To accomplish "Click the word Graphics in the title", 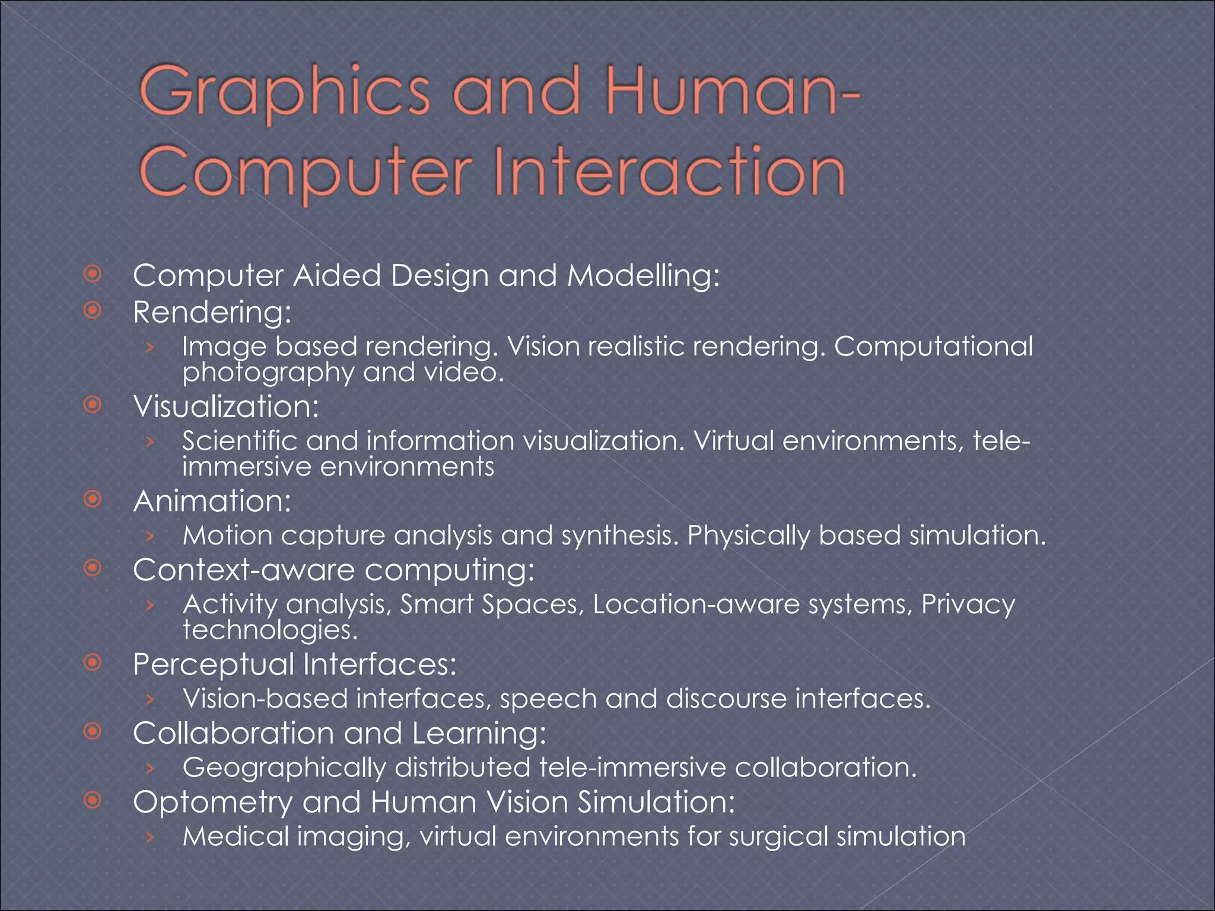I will click(x=285, y=93).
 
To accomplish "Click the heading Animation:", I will click(x=212, y=501).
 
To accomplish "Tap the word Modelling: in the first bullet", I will click(x=643, y=276).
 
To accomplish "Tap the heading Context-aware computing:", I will click(x=333, y=570).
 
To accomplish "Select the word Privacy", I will click(x=968, y=604).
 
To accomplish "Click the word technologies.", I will click(x=270, y=630).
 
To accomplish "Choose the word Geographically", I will click(x=284, y=768).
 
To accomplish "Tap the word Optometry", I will click(x=212, y=802).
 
